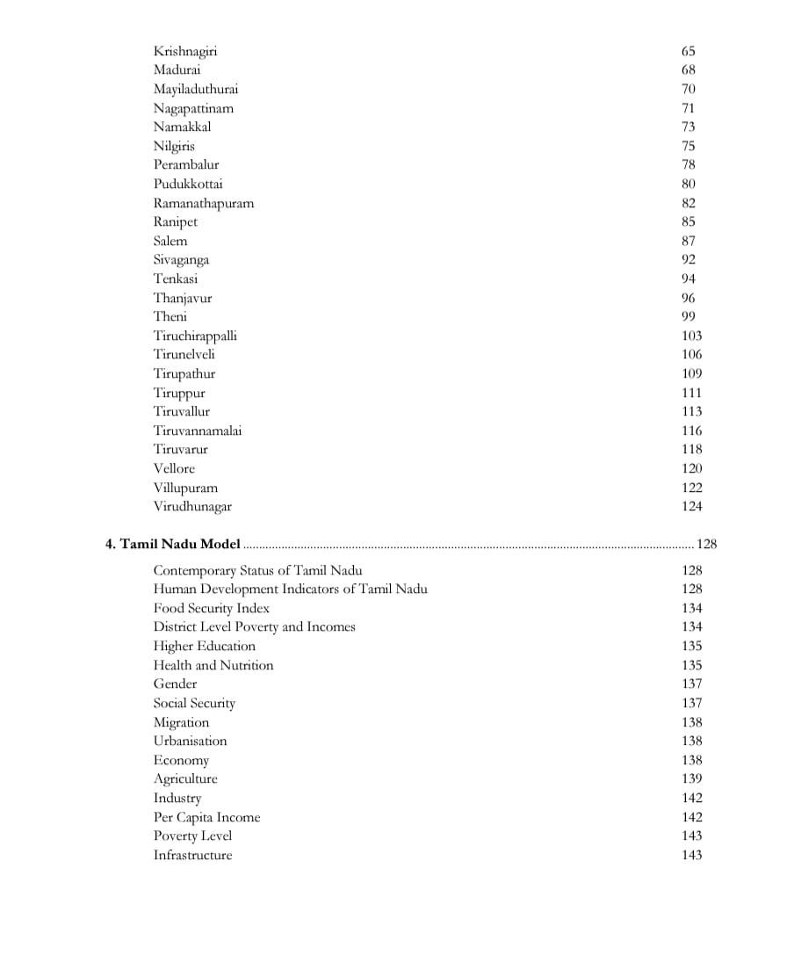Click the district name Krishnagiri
pos(185,51)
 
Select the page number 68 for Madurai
pos(688,70)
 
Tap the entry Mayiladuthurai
pos(196,89)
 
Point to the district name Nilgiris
pos(174,146)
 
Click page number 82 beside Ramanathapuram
pos(688,203)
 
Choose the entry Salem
pos(170,241)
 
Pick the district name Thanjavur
pos(183,298)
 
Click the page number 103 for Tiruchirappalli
pos(691,336)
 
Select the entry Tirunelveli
pos(184,354)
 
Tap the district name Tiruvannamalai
pos(198,430)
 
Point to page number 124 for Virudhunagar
pos(691,506)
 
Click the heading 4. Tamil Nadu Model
pos(173,544)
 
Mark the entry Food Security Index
pos(212,608)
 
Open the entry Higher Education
pos(205,646)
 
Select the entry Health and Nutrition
pos(213,665)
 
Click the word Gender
pos(175,684)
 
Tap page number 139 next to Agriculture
pos(691,778)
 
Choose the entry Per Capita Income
pos(206,817)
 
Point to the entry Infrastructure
pos(193,855)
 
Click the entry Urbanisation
pos(190,741)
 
